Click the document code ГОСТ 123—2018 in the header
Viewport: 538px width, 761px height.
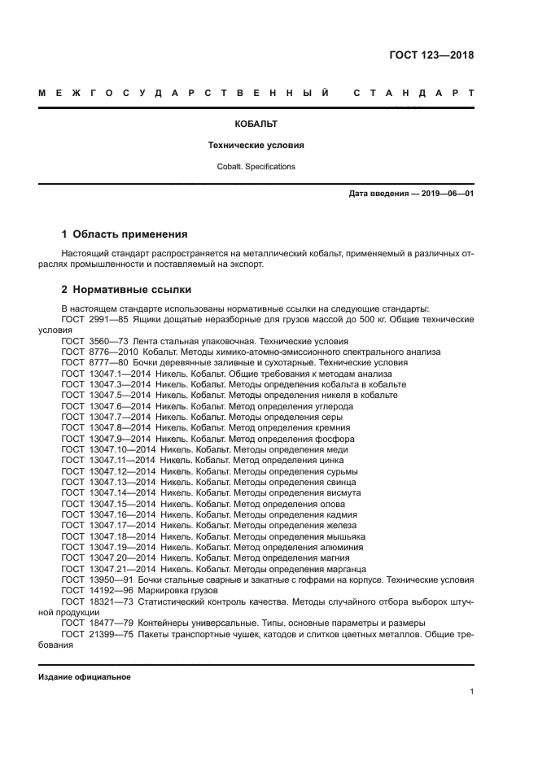(x=431, y=55)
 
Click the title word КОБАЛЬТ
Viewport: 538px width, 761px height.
(x=256, y=125)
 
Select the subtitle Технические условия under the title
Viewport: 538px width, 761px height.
(x=256, y=146)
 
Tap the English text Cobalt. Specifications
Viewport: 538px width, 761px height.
(x=256, y=166)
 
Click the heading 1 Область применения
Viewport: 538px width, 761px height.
(x=125, y=234)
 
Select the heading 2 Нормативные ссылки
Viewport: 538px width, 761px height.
(x=126, y=289)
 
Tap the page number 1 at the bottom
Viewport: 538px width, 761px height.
(x=471, y=692)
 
